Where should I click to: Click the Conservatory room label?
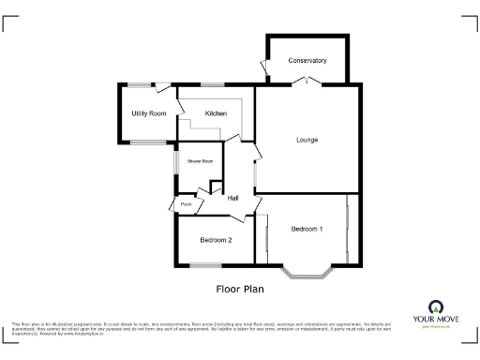click(x=307, y=60)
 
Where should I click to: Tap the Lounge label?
click(x=307, y=140)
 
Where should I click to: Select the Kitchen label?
click(x=217, y=113)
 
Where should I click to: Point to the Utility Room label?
click(x=148, y=113)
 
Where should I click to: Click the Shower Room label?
click(x=200, y=161)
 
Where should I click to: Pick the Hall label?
click(x=232, y=197)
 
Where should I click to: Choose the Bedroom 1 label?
click(x=307, y=229)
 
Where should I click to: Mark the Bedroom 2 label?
click(x=216, y=240)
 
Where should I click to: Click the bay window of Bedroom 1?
click(x=307, y=275)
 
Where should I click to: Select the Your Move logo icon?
click(x=436, y=307)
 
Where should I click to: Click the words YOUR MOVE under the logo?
click(x=436, y=320)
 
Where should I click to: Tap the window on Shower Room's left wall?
click(x=173, y=161)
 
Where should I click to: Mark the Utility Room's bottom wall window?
click(x=145, y=142)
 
